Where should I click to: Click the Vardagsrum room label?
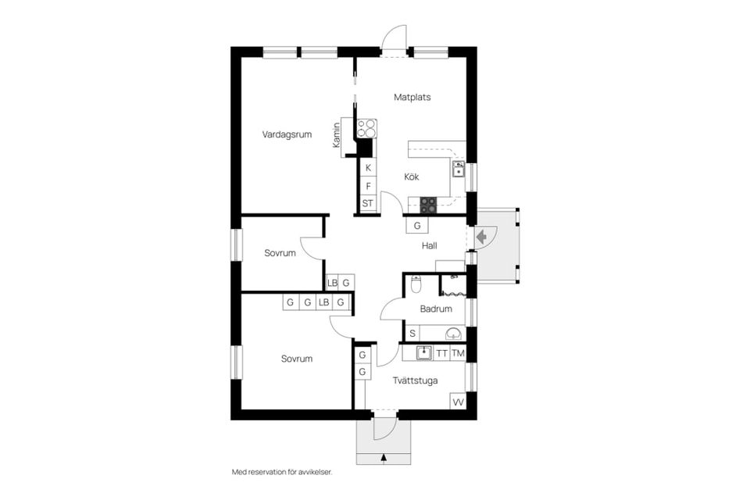[287, 134]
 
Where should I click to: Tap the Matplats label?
[412, 97]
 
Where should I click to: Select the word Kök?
[412, 177]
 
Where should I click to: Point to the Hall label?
[430, 245]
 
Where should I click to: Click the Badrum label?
[436, 309]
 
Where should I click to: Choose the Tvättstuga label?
[415, 380]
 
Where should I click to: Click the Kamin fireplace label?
[337, 134]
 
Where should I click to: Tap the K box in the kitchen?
[368, 167]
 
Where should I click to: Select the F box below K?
[368, 186]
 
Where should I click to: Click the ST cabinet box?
[368, 203]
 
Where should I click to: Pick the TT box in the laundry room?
[442, 354]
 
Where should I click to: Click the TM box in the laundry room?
[459, 354]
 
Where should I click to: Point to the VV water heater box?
[459, 402]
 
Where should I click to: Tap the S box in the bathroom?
[412, 334]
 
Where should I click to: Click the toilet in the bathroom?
[416, 284]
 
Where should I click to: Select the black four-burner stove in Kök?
[428, 205]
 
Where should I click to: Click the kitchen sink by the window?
[459, 169]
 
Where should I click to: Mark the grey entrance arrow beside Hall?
[482, 236]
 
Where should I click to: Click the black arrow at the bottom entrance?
[384, 457]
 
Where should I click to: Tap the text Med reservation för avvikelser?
[282, 472]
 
